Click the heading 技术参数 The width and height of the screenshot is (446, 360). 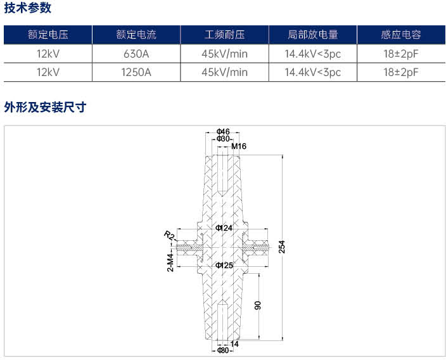(x=28, y=8)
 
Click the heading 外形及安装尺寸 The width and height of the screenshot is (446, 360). (x=45, y=107)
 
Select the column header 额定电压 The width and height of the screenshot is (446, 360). (x=48, y=35)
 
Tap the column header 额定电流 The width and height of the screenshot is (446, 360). (x=136, y=35)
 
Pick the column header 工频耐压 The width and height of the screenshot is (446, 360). (x=224, y=35)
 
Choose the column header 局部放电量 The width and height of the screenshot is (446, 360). (x=312, y=35)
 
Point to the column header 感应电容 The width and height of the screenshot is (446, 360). (x=401, y=35)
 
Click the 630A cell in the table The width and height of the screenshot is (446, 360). (x=136, y=54)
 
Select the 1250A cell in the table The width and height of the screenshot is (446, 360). (x=136, y=72)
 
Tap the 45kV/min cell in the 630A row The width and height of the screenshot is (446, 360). (x=224, y=54)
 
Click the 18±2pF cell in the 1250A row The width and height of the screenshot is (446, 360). (x=401, y=72)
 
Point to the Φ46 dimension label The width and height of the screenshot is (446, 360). (x=223, y=131)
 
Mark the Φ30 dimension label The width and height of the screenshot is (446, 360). (x=223, y=139)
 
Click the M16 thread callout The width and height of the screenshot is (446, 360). (x=239, y=146)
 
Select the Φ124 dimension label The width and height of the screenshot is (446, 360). (x=224, y=228)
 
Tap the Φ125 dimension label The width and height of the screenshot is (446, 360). (x=224, y=265)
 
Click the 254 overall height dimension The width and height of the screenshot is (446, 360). (x=281, y=247)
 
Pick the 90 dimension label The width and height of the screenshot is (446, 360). (x=257, y=305)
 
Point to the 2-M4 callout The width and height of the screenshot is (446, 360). (x=170, y=262)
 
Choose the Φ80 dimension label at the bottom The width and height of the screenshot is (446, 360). (x=223, y=350)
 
